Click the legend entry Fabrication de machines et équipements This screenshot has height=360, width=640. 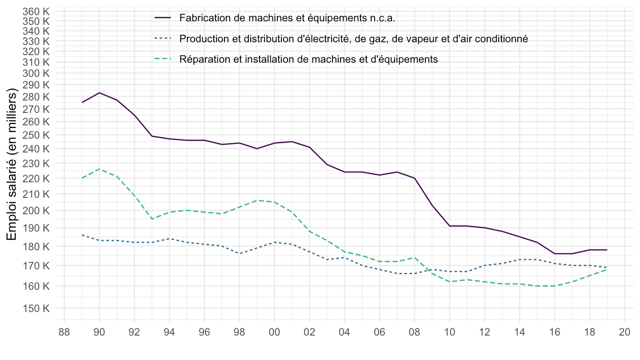point(287,18)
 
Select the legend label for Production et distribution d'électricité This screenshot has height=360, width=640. point(353,39)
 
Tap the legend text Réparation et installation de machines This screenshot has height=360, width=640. point(309,59)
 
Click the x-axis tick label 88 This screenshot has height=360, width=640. point(64,332)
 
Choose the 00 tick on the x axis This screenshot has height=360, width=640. point(274,332)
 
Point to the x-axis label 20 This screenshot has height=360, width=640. point(624,332)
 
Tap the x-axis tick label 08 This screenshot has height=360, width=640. point(414,332)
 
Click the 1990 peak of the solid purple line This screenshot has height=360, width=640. point(100,93)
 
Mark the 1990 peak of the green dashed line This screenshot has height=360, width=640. point(100,169)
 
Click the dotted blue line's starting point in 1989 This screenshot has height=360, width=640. point(82,235)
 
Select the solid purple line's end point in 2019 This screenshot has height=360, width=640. point(607,250)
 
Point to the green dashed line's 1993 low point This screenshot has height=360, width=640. point(152,219)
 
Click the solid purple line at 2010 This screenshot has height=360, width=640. point(449,226)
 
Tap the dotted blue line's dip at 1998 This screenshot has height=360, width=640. point(240,253)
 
